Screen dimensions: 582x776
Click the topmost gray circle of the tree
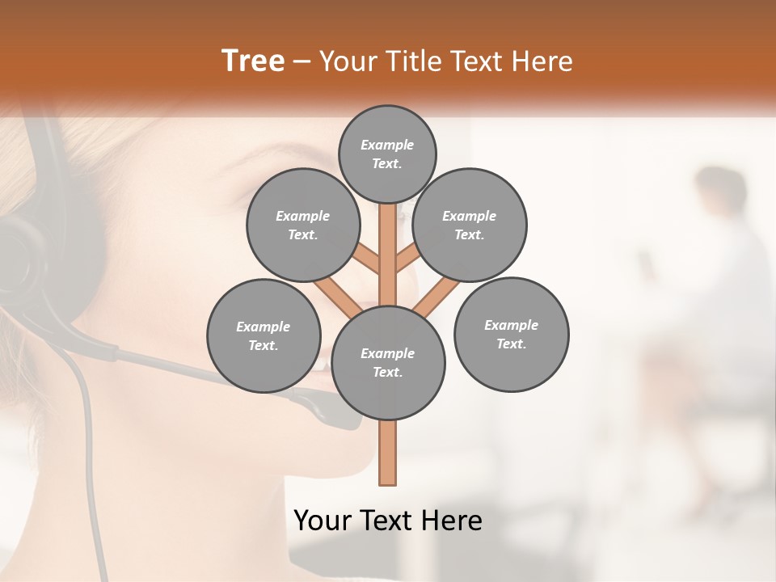(x=387, y=154)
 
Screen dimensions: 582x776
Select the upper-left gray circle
(x=302, y=225)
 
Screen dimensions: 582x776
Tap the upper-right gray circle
(x=470, y=225)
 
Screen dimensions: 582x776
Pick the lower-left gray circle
(x=264, y=335)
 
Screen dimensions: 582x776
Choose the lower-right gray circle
(x=511, y=334)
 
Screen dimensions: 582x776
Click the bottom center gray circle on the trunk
(x=388, y=363)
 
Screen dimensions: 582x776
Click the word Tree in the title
(x=253, y=61)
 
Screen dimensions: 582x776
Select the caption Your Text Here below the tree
(x=388, y=521)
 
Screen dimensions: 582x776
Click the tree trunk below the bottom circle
(x=388, y=453)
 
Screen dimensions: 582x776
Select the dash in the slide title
(x=302, y=62)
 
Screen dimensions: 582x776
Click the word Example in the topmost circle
(x=387, y=145)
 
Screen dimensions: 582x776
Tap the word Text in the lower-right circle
(x=511, y=344)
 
